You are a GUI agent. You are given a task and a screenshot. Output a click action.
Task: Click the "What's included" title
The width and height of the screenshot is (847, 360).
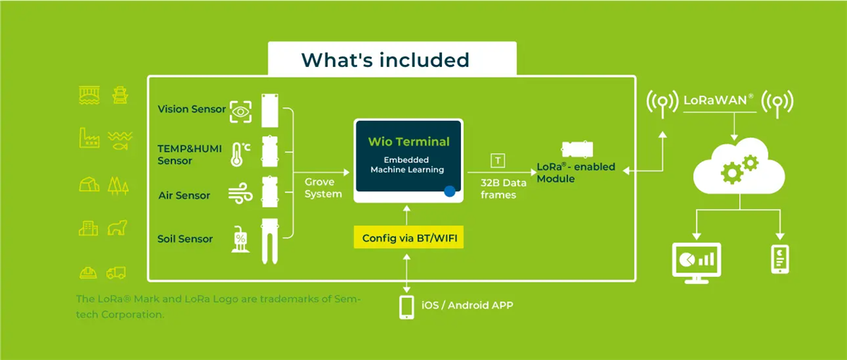pos(385,59)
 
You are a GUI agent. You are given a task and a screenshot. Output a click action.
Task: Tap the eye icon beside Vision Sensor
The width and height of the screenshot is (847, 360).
pos(241,111)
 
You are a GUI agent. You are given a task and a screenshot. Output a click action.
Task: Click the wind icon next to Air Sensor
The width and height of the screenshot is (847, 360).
pos(241,196)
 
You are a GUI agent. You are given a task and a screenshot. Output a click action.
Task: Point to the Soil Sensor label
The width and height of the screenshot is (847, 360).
pos(185,239)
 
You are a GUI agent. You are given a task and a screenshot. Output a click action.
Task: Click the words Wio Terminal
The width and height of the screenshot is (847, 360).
pos(409,141)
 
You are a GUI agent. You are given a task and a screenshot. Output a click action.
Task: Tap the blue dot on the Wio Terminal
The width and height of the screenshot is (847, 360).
pos(450,191)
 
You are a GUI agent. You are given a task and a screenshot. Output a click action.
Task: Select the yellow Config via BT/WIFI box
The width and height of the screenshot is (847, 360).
pos(409,238)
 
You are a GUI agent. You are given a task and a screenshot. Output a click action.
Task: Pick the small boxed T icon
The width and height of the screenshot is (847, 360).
pos(498,161)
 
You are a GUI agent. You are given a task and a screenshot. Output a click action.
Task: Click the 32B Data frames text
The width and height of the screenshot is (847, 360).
pos(504,188)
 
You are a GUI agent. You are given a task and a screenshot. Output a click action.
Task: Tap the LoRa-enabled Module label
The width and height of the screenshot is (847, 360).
pos(575,172)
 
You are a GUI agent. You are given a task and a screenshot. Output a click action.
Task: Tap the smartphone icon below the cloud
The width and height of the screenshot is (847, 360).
pos(779,259)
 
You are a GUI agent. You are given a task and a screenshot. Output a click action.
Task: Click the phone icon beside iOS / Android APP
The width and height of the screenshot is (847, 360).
pos(407,307)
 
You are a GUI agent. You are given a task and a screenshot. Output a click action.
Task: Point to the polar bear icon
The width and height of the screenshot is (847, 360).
pos(117,229)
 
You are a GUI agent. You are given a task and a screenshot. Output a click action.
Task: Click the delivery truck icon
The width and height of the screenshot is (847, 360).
pos(116,272)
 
